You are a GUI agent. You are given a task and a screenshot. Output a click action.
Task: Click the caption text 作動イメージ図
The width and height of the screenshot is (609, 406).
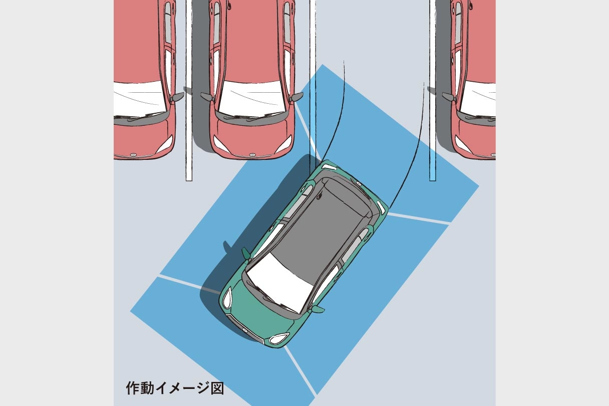[175, 388]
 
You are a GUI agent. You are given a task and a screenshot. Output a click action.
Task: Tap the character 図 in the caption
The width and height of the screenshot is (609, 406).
[217, 388]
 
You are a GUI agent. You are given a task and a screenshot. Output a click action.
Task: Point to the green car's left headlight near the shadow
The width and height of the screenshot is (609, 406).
[227, 299]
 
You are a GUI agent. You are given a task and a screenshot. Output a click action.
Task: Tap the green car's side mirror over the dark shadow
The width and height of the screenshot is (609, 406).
[246, 253]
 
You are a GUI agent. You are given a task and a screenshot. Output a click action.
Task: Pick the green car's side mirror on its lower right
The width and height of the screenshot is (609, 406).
[318, 309]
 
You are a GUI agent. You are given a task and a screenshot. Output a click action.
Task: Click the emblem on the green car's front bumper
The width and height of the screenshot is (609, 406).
[245, 330]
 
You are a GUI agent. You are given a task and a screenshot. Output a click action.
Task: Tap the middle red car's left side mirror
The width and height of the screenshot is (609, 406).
[207, 96]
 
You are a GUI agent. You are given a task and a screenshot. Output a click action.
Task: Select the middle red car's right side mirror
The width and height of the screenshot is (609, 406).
[296, 97]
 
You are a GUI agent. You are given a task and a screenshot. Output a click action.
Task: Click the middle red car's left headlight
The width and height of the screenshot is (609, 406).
[221, 144]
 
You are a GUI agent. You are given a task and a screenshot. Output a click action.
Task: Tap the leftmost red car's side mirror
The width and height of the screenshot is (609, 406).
[177, 97]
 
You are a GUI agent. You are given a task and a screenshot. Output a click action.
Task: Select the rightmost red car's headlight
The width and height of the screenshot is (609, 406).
[463, 144]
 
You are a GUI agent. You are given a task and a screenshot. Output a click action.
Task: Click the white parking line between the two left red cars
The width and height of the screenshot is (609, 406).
[189, 90]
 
